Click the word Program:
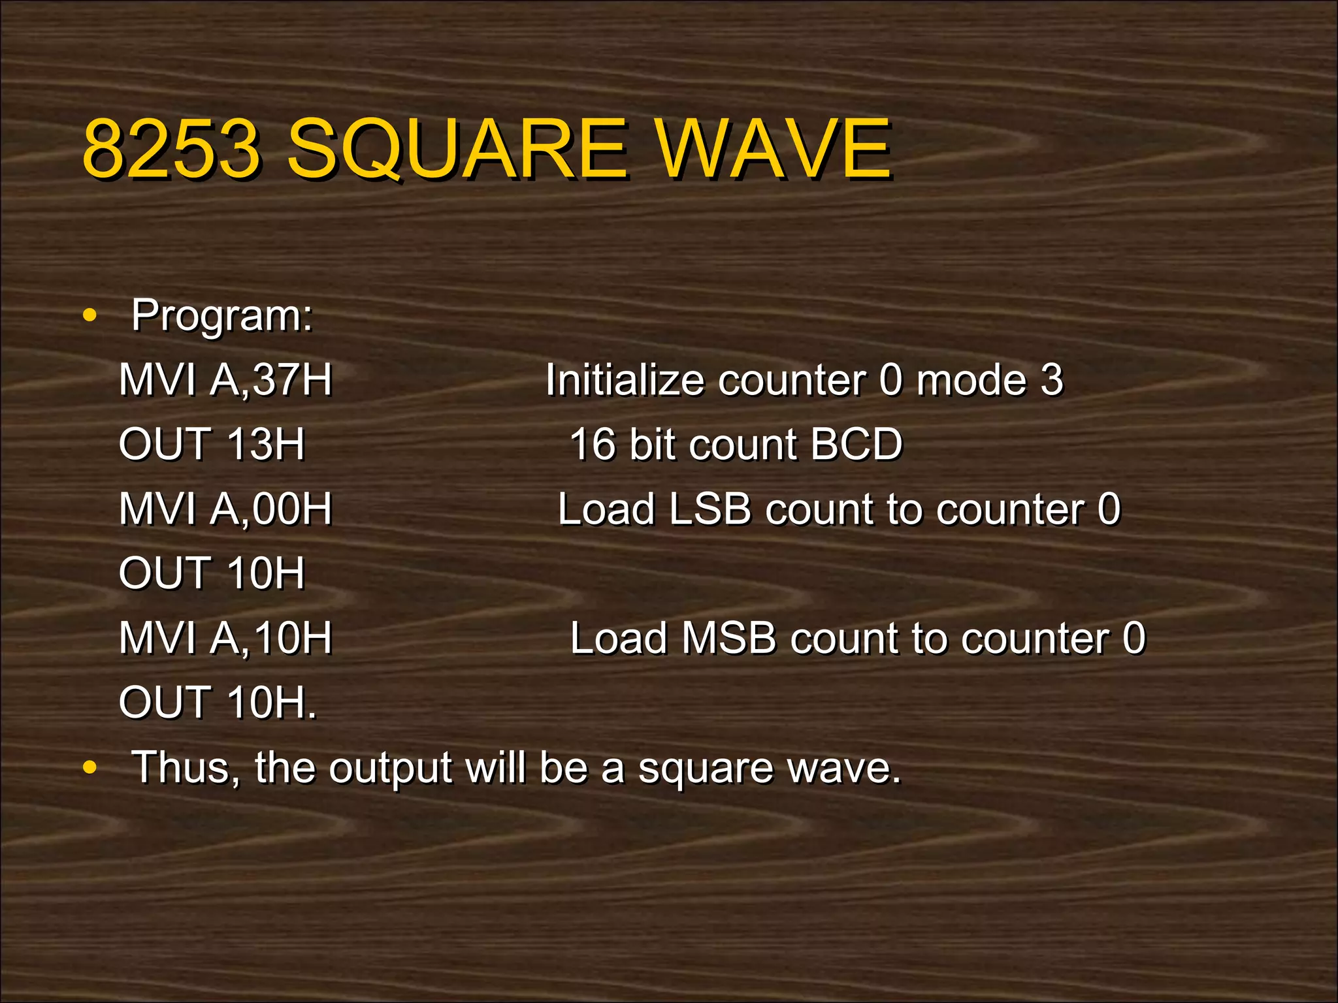pos(222,316)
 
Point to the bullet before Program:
pos(90,317)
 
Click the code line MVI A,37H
pos(225,380)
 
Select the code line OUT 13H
pos(212,445)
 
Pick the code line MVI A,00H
pos(225,509)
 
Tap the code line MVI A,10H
pos(225,638)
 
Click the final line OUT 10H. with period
pos(218,703)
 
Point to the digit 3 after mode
pos(1052,380)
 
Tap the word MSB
pos(728,638)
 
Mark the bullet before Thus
pos(90,769)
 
